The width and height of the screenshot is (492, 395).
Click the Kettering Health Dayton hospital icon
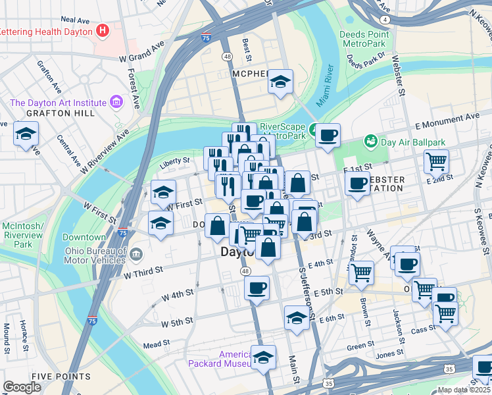[x=102, y=30]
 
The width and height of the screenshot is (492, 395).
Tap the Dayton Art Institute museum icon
[x=116, y=102]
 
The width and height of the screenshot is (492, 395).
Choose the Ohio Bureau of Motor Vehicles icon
[x=135, y=253]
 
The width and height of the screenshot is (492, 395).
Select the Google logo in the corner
[x=22, y=387]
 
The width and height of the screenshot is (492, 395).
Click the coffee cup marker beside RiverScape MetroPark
[x=328, y=136]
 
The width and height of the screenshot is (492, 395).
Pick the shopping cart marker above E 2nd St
[x=436, y=161]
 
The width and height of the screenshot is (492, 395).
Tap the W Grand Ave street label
[x=141, y=52]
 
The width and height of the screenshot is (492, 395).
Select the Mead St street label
[x=157, y=344]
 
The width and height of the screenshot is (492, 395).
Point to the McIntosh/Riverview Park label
[x=23, y=234]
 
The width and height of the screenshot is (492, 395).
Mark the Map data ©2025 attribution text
[x=464, y=390]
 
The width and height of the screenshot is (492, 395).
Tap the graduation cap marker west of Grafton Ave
[x=26, y=135]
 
